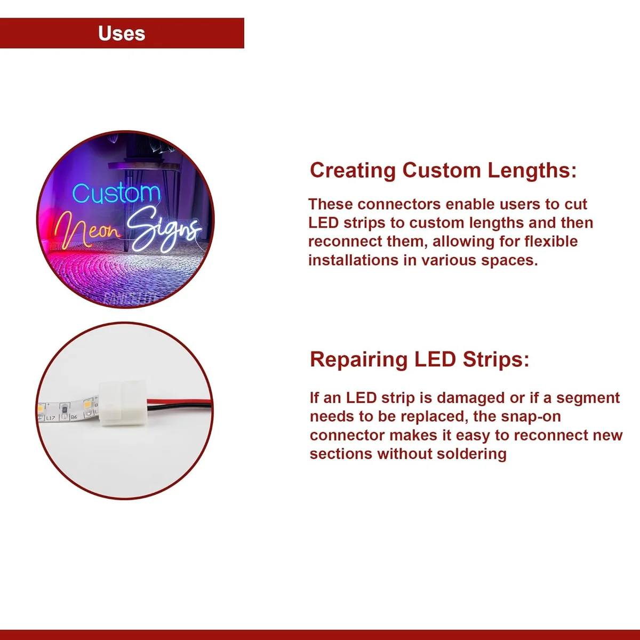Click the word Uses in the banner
pos(122,34)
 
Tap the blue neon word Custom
pos(116,194)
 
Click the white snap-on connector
pos(122,404)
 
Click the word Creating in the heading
pos(353,171)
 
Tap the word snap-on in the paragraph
pos(531,417)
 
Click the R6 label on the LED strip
pos(74,417)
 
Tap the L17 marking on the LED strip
pos(50,418)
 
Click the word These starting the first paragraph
pos(331,204)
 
